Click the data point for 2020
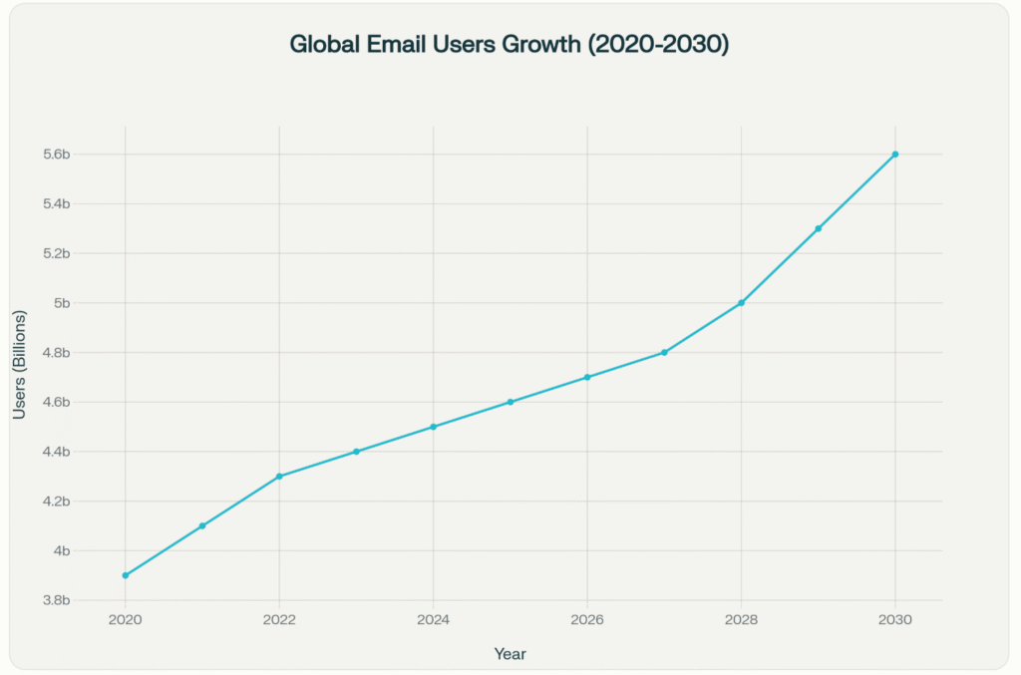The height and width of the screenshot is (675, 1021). click(x=126, y=575)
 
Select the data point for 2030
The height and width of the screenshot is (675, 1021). click(x=895, y=155)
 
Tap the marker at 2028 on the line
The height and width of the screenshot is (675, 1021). click(x=742, y=303)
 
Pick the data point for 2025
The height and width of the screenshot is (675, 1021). click(x=510, y=402)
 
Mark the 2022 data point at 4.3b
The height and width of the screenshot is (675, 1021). click(x=279, y=477)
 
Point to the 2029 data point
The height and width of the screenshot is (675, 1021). click(x=819, y=228)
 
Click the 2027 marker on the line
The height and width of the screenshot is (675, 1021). click(x=664, y=352)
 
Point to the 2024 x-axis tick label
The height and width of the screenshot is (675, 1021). click(x=434, y=619)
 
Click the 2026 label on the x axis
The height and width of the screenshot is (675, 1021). click(x=587, y=619)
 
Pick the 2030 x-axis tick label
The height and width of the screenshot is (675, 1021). click(x=895, y=619)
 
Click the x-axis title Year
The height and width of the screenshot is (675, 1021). click(x=510, y=654)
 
